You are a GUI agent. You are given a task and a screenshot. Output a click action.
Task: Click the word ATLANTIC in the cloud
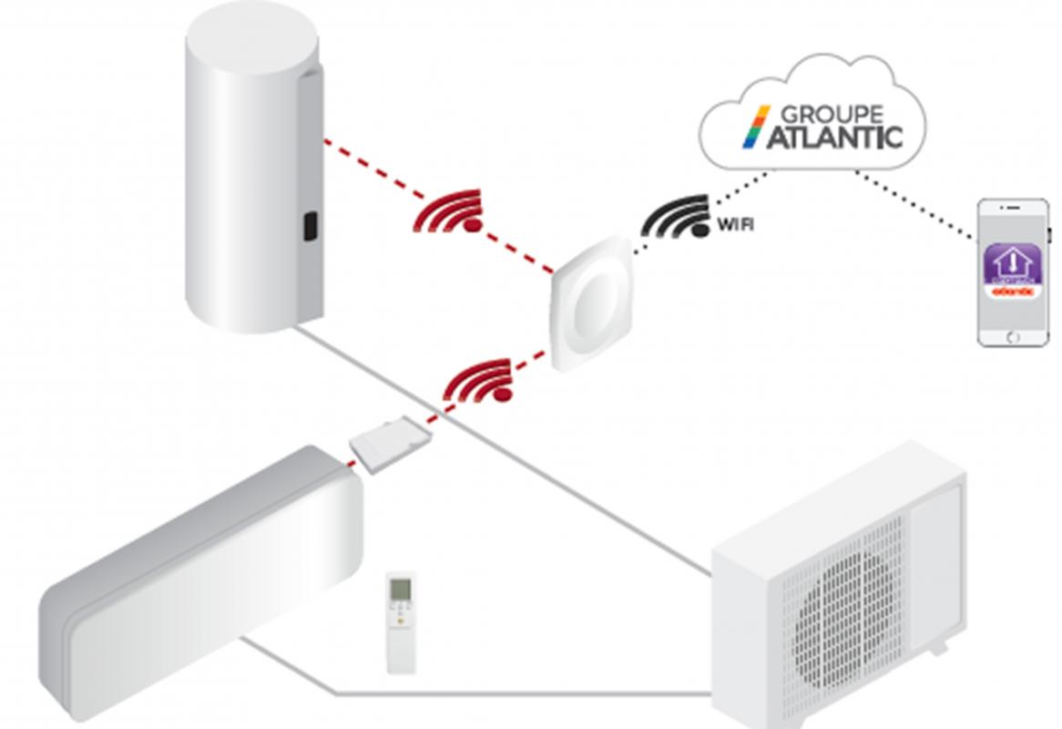[830, 138]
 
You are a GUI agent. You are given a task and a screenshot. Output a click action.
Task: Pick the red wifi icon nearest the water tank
[449, 211]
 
